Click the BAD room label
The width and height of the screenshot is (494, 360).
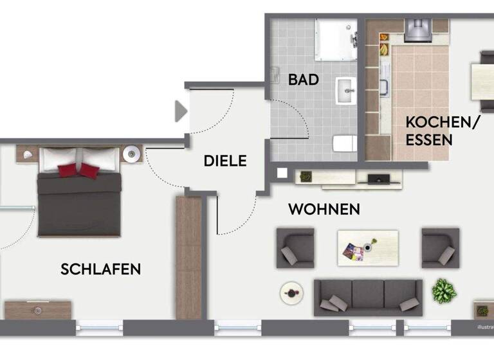point(304,80)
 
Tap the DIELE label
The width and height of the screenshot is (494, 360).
point(225,161)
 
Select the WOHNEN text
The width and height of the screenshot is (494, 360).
point(324,209)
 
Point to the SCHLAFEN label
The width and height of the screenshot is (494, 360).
point(100,269)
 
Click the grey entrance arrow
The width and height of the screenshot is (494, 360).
point(181,111)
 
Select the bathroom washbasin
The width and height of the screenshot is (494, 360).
point(345,91)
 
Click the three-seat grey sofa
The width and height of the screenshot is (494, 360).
point(368,296)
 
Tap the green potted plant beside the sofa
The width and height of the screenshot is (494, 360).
point(444,291)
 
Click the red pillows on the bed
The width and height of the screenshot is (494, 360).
point(79,170)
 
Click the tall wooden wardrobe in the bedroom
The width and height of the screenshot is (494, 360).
point(188,257)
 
